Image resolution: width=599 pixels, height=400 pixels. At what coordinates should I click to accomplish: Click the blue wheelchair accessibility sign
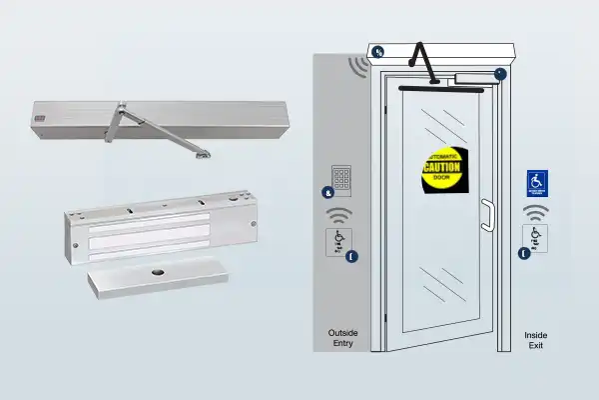(537, 183)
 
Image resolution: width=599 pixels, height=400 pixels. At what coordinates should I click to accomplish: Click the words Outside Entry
(343, 339)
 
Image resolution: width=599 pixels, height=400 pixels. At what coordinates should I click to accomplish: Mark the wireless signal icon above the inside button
(537, 212)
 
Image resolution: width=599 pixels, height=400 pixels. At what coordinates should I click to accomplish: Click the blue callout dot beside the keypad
(327, 192)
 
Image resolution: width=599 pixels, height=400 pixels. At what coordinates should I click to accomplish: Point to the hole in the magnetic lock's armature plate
(158, 273)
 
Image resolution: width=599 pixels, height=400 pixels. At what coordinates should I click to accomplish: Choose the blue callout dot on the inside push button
(525, 255)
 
